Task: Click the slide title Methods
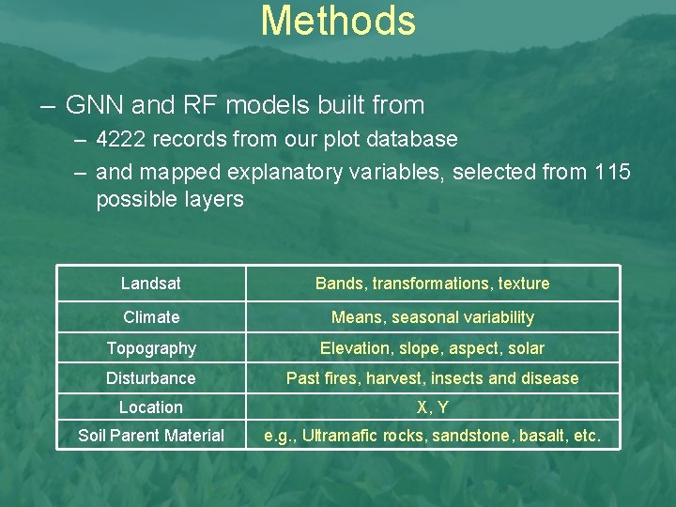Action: pyautogui.click(x=338, y=21)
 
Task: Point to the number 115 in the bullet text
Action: pyautogui.click(x=613, y=172)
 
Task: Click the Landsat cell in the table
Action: pyautogui.click(x=151, y=284)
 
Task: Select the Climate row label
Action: pyautogui.click(x=151, y=317)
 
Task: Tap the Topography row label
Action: pyautogui.click(x=151, y=348)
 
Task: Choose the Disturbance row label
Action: pyautogui.click(x=151, y=378)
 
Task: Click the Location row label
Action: pyautogui.click(x=151, y=407)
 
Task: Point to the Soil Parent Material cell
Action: pyautogui.click(x=151, y=436)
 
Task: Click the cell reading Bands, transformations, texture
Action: pyautogui.click(x=432, y=284)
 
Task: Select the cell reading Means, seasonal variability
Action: pyautogui.click(x=432, y=317)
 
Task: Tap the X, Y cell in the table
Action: pyautogui.click(x=432, y=407)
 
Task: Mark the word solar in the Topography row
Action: pyautogui.click(x=526, y=348)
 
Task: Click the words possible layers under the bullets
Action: pyautogui.click(x=169, y=199)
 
